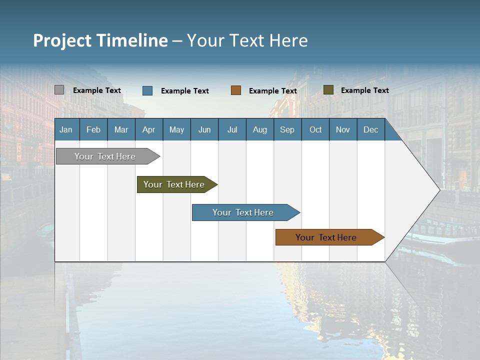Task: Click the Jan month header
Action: [66, 130]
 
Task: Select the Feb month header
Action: [93, 130]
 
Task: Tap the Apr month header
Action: [148, 130]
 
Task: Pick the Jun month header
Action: [204, 130]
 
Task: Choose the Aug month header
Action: [259, 130]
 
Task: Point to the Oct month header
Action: [315, 130]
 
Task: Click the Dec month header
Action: [370, 130]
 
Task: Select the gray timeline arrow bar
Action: [105, 156]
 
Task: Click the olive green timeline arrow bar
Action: [174, 184]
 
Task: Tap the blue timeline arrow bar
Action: [243, 212]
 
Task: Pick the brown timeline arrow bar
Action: [326, 237]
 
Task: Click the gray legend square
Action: [59, 90]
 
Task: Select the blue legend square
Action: [147, 90]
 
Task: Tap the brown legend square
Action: [236, 90]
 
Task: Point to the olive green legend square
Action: [328, 90]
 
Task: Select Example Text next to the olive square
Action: [364, 90]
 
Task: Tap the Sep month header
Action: [287, 130]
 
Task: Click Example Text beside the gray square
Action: [96, 90]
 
